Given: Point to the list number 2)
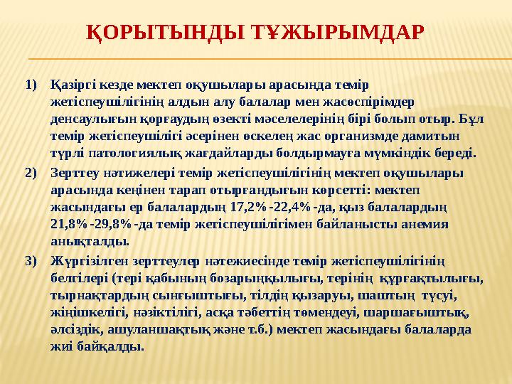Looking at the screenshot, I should point(30,172).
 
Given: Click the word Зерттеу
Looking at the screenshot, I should point(73,172).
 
